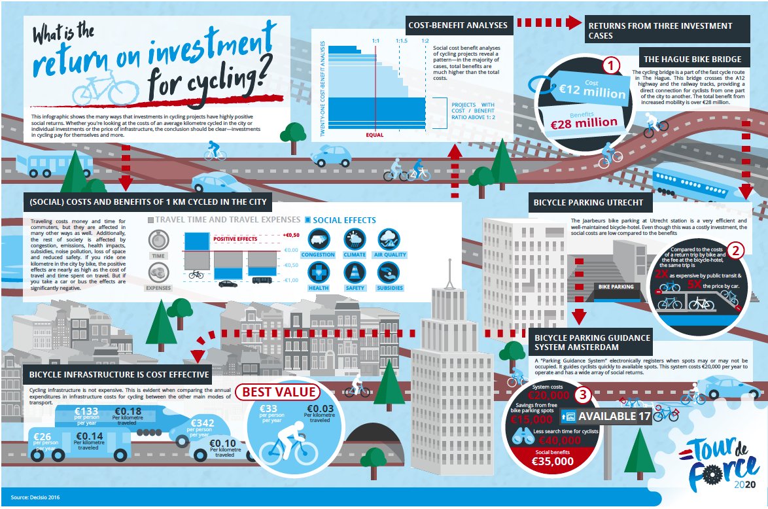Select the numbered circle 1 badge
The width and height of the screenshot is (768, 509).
point(610,65)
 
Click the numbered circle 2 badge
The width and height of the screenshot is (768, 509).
point(735,250)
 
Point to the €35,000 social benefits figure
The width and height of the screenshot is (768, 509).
point(553,461)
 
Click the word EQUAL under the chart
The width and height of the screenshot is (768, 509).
point(375,135)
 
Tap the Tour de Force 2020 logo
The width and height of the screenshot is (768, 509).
point(720,465)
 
